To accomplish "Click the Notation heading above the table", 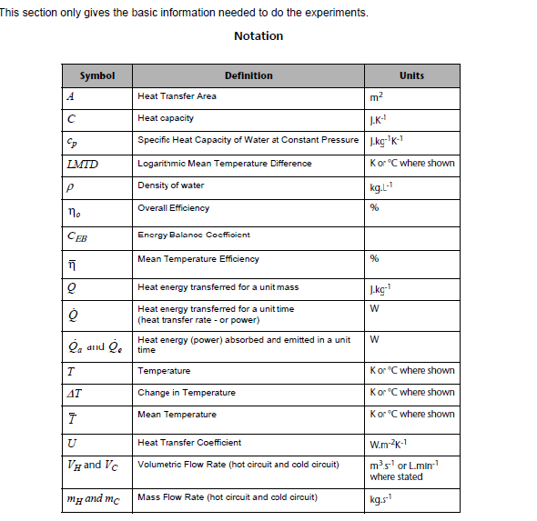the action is [258, 36].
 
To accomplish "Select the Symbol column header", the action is [97, 75].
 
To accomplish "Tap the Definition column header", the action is [248, 75].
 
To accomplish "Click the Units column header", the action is [411, 75].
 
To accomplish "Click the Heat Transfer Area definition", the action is [177, 96].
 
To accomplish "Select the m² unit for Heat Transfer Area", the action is [377, 97].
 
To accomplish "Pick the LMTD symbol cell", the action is [83, 165].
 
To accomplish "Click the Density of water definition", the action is [171, 185].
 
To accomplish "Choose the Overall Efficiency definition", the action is [173, 208].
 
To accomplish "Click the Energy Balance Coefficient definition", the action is [193, 235].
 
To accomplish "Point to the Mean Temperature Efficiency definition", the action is [198, 259].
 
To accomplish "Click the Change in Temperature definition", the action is [186, 393].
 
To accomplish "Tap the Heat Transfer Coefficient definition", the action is [189, 443].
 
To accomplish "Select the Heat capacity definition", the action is [166, 118].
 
